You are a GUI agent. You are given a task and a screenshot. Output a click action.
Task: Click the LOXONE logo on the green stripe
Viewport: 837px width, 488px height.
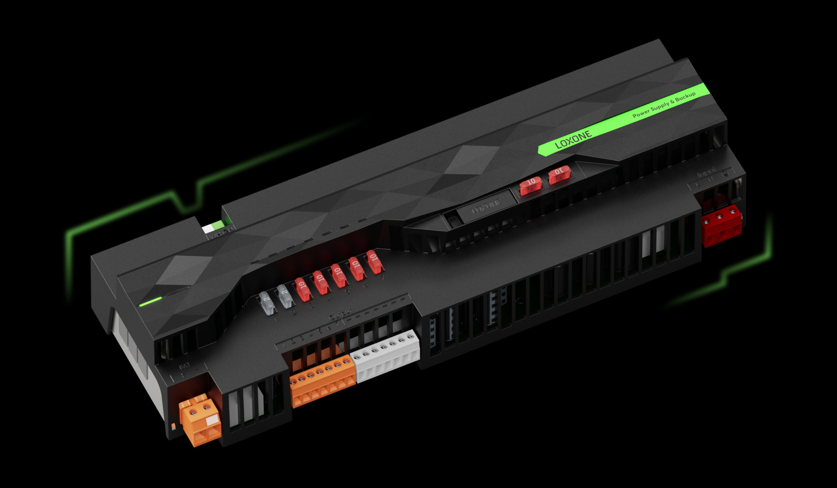coord(573,139)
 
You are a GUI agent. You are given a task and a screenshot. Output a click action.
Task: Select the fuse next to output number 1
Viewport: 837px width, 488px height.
coord(266,303)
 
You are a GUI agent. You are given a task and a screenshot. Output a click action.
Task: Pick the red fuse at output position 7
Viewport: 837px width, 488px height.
coord(374,262)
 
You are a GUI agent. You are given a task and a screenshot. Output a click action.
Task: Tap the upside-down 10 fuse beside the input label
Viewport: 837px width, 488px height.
coord(559,174)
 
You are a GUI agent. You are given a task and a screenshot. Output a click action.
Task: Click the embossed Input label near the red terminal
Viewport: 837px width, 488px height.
coord(706,172)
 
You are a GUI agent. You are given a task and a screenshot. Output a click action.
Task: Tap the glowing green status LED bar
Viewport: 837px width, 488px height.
coord(150,302)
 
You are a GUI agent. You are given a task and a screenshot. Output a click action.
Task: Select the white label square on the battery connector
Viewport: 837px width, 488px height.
coord(212,420)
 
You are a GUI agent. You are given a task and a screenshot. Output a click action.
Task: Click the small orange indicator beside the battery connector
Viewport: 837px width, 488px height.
coord(173,426)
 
